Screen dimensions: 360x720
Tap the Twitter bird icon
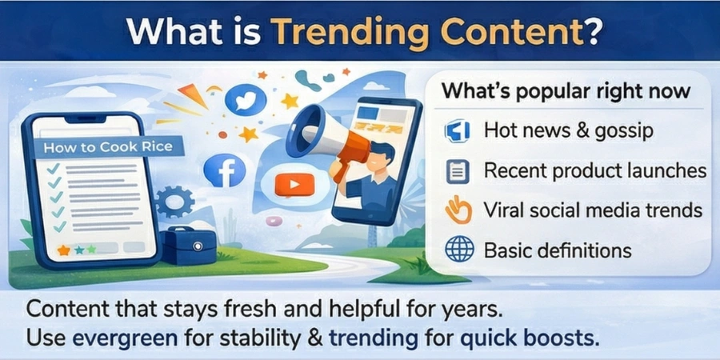pos(245,99)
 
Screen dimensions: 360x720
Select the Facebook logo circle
pos(223,170)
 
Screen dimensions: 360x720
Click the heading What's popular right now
pos(566,90)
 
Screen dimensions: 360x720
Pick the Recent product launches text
pos(595,170)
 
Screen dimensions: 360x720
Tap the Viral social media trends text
pos(593,210)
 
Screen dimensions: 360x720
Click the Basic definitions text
pos(558,250)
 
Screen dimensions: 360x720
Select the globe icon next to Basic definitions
pos(459,250)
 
